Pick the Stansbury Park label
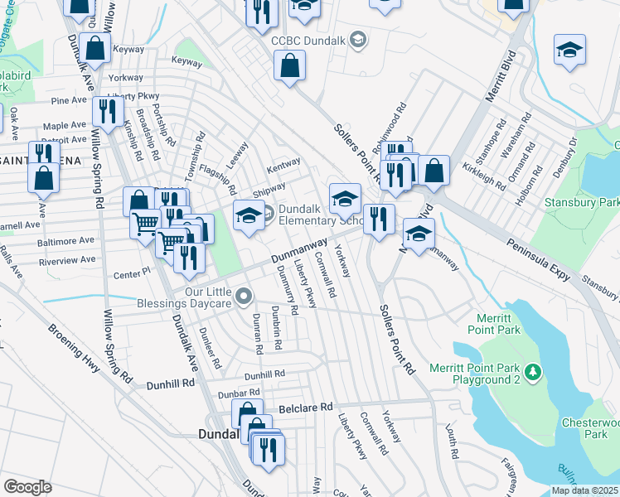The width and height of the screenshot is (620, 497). click(x=581, y=201)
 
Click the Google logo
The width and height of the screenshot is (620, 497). click(x=27, y=486)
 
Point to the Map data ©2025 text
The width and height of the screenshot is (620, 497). click(x=585, y=490)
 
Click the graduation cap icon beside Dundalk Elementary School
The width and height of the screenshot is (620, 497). click(x=249, y=215)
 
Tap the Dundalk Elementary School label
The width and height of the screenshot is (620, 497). click(x=318, y=215)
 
